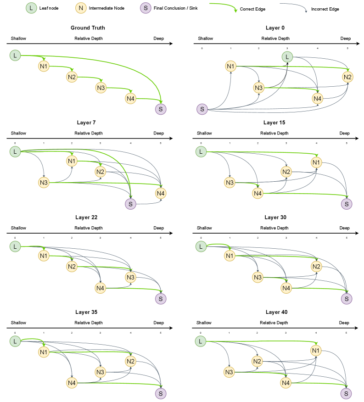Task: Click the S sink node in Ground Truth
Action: [160, 109]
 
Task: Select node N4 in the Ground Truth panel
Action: [130, 98]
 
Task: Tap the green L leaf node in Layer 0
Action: [287, 56]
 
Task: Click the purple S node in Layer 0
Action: [202, 109]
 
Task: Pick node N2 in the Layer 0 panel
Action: [347, 77]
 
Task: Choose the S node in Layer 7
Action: [130, 204]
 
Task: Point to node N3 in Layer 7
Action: [44, 183]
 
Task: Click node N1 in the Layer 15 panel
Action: [316, 162]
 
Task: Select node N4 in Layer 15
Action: [258, 193]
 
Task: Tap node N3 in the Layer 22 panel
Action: [130, 277]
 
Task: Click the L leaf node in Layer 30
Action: [200, 246]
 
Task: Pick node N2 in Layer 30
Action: [316, 267]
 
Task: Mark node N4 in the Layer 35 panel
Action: [72, 382]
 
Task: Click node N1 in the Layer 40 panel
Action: [315, 351]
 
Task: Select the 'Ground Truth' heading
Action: [88, 28]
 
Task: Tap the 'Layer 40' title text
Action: [274, 312]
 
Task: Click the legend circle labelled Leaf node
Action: [31, 8]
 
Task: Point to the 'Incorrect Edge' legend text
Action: [325, 9]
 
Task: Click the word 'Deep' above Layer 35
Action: [158, 323]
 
